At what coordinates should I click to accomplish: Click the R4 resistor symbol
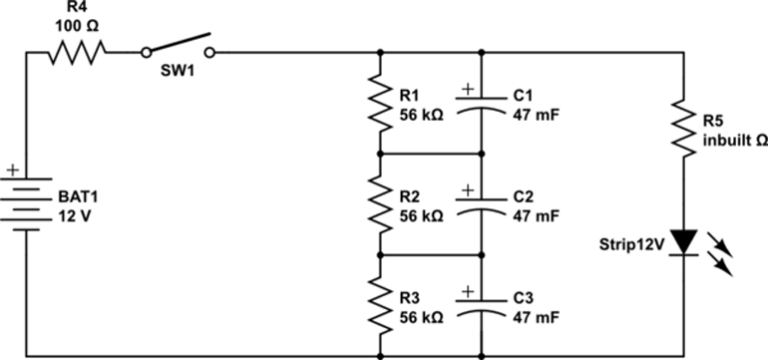tap(76, 52)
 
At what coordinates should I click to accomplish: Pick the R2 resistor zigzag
tap(380, 203)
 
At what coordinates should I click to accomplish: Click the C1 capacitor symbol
tap(482, 104)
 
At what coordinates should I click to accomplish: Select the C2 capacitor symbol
tap(482, 203)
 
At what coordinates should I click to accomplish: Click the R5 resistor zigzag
tap(683, 128)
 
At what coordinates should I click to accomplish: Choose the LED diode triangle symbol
tap(683, 242)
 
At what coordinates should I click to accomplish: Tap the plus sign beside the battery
tap(11, 171)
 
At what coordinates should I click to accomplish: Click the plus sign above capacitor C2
tap(465, 187)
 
